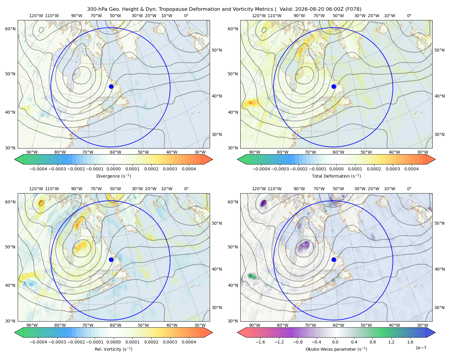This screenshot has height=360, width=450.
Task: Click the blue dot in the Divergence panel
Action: point(111,86)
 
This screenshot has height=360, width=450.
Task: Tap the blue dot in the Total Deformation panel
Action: point(334,86)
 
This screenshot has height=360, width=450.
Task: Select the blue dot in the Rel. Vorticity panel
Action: point(111,259)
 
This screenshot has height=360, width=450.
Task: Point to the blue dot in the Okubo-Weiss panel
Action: point(334,259)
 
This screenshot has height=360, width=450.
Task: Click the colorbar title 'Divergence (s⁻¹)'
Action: point(113,176)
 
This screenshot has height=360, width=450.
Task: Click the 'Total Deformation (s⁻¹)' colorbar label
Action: point(336,176)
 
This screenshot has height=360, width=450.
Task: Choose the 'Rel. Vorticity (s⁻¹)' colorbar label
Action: point(113,349)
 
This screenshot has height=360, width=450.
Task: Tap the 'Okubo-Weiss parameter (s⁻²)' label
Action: point(336,349)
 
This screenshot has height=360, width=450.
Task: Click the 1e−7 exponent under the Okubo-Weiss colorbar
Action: point(421,348)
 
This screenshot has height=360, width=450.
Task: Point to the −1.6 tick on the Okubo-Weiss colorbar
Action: point(260,342)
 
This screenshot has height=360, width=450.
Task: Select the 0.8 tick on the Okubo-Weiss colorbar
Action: point(373,342)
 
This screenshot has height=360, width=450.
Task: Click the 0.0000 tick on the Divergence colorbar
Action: point(113,169)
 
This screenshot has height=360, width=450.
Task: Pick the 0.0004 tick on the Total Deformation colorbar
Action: point(411,169)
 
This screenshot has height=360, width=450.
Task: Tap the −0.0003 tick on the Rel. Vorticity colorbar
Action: point(57,342)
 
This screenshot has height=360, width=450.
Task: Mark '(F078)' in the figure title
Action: point(353,9)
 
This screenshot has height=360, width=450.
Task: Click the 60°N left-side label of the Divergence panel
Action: point(10,29)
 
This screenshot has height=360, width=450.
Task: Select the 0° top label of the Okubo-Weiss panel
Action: point(409,189)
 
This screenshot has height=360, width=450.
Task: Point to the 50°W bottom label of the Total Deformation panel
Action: point(366,152)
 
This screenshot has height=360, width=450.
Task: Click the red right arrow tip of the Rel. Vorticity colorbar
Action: point(212,332)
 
